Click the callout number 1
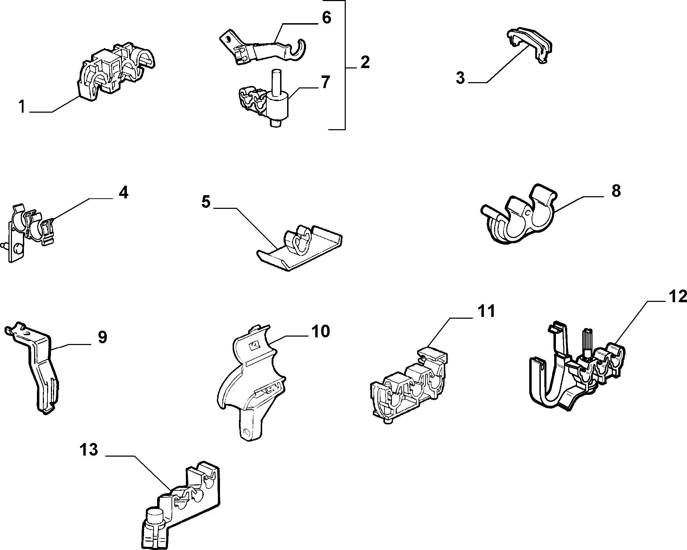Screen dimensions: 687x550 click(x=22, y=106)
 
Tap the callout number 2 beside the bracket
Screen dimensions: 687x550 click(x=365, y=62)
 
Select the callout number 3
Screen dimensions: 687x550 click(x=460, y=78)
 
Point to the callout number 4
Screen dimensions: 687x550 click(x=123, y=192)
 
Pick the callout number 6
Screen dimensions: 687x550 click(x=326, y=18)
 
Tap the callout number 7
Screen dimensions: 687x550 click(x=325, y=82)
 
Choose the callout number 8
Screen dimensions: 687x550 click(x=616, y=191)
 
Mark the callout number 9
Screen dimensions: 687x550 click(x=102, y=337)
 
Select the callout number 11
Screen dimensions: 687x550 click(x=486, y=311)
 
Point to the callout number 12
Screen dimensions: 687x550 click(x=676, y=297)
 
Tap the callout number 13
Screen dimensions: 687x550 click(x=88, y=450)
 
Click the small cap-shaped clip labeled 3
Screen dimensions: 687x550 click(x=529, y=45)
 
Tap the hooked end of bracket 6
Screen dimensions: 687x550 click(x=298, y=49)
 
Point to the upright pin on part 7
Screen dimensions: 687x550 click(x=277, y=82)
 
